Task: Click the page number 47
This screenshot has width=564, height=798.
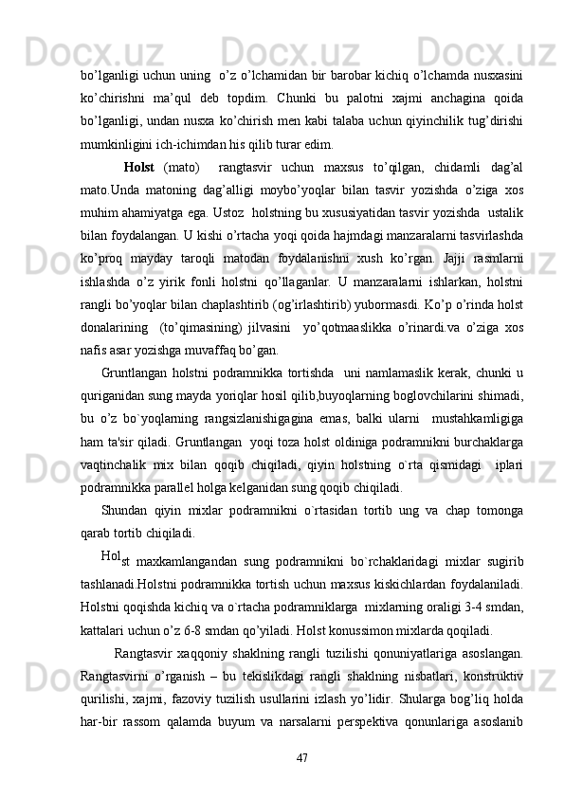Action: point(302,756)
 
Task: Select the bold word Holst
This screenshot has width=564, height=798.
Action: point(139,168)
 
